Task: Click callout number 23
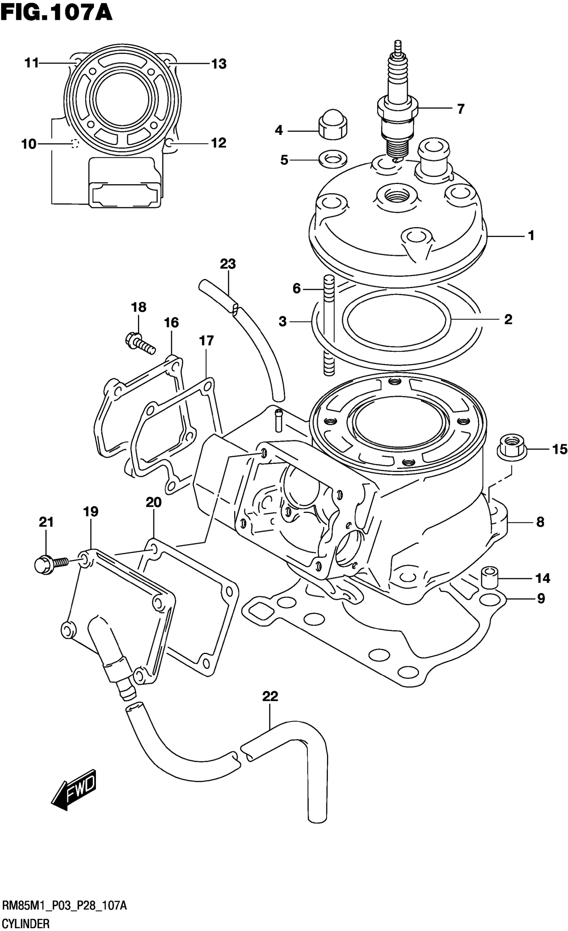click(x=228, y=264)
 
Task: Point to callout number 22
click(x=270, y=696)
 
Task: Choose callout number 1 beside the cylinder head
click(x=531, y=236)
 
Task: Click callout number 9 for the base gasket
click(x=541, y=598)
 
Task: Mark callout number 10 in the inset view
click(x=29, y=144)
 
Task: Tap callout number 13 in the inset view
click(x=219, y=64)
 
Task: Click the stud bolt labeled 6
click(x=329, y=325)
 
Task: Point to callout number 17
click(x=206, y=341)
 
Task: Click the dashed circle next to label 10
click(x=75, y=144)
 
